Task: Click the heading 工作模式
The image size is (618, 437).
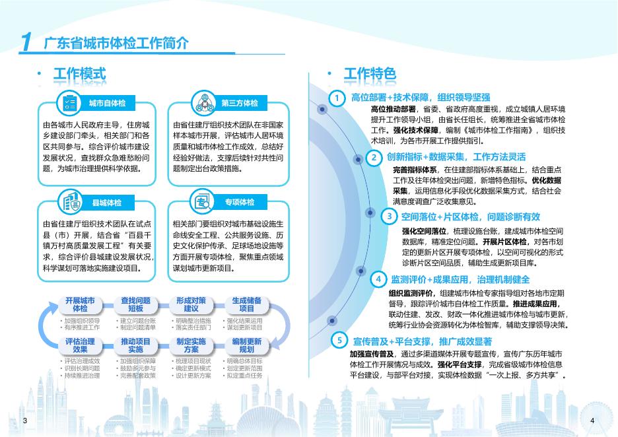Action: [x=79, y=74]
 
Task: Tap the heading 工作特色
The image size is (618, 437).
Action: [x=370, y=74]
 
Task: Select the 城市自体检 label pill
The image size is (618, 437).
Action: [x=107, y=103]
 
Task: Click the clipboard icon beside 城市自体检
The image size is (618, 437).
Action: [x=68, y=102]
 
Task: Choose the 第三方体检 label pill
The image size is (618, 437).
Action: [x=239, y=103]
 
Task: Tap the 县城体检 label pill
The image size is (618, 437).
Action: [x=107, y=202]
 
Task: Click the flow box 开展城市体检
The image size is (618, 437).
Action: [x=80, y=304]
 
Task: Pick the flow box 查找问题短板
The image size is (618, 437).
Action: [x=135, y=304]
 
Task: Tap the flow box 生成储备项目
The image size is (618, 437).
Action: [x=247, y=304]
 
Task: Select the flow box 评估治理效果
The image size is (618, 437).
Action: [x=80, y=345]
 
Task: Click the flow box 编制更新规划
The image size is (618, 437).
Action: [x=247, y=345]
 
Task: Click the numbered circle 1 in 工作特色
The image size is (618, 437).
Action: [x=337, y=98]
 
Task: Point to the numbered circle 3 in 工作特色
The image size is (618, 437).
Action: [x=390, y=217]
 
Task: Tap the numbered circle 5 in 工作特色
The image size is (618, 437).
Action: [x=339, y=341]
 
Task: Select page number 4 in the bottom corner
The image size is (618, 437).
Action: [x=592, y=420]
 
